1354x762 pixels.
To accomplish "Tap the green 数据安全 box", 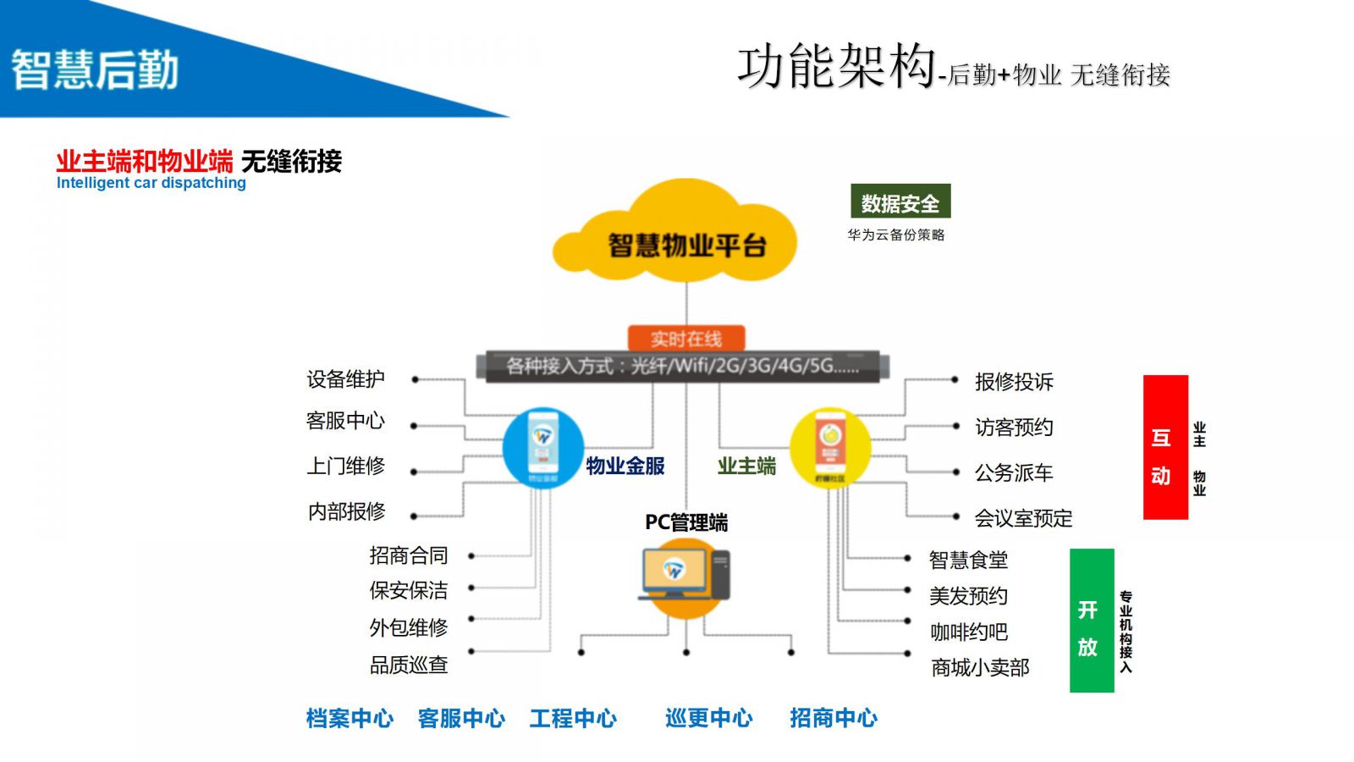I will pos(900,202).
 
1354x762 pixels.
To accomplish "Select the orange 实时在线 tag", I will pos(685,339).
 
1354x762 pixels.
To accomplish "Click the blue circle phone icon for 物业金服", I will pos(542,448).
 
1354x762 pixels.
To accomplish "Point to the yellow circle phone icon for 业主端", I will pos(830,448).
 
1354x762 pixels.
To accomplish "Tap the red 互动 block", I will pos(1165,447).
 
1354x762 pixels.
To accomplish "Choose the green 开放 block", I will pos(1091,620).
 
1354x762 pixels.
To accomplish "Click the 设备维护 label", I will pos(345,379).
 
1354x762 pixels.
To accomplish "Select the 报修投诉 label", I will pos(1014,382).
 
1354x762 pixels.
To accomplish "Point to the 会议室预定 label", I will pos(1023,518).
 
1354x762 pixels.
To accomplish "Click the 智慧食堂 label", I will pos(968,560).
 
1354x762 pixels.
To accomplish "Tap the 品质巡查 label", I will pos(408,665).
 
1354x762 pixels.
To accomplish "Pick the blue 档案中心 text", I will pos(350,719).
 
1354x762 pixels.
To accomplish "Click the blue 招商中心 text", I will pos(834,719).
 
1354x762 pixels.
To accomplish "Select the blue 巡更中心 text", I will pos(708,719).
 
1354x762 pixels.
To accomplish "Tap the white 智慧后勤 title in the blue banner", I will pos(95,69).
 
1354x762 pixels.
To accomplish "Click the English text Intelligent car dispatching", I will pos(151,183).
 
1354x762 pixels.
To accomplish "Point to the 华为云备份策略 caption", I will pos(896,235).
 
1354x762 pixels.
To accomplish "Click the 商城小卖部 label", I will pos(980,668).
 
